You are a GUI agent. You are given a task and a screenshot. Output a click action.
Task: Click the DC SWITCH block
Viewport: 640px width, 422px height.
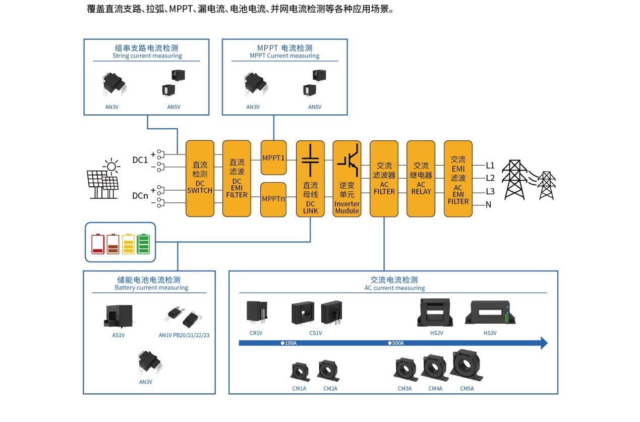200,178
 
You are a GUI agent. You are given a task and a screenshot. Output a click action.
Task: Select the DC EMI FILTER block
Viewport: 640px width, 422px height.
237,178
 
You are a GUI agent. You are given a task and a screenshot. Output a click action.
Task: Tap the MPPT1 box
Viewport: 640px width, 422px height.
273,157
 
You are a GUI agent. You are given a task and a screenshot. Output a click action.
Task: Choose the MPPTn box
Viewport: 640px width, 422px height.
273,199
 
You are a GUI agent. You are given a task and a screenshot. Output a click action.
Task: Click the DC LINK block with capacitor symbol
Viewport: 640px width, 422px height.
310,178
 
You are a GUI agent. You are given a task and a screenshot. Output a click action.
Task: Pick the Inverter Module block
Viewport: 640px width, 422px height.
347,178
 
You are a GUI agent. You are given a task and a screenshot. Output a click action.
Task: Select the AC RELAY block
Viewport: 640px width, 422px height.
421,178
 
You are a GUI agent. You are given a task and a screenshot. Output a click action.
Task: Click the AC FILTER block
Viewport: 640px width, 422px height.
384,178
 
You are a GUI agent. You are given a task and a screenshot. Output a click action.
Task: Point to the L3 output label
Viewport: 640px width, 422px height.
490,191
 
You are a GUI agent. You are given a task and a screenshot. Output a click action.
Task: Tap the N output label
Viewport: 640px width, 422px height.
488,204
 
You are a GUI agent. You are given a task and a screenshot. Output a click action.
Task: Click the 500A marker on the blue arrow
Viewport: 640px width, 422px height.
396,343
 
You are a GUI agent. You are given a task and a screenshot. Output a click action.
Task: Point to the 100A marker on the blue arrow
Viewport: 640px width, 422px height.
289,343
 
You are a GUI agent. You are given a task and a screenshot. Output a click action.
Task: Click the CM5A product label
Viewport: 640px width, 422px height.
467,389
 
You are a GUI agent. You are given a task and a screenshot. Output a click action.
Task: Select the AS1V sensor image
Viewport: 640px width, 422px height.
118,316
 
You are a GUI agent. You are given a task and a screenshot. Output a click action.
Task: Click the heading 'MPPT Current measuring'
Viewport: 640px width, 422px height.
284,56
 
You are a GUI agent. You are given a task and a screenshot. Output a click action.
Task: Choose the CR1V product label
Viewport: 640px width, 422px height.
256,333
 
